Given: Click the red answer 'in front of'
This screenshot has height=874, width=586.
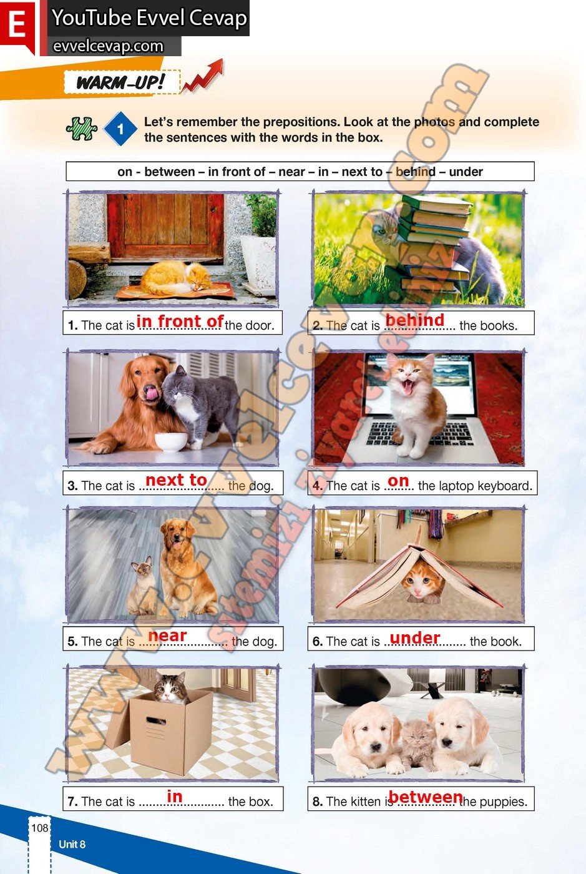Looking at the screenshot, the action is click(180, 322).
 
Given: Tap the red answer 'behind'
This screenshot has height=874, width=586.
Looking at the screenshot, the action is click(415, 320).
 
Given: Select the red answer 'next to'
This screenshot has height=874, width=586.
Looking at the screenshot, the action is click(176, 480).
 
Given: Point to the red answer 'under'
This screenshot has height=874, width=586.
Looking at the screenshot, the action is click(415, 638).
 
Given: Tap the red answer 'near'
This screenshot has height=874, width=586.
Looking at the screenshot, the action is click(167, 636).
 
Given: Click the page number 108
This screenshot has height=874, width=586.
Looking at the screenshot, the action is click(40, 828).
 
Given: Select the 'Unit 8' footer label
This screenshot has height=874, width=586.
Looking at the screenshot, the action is click(72, 844).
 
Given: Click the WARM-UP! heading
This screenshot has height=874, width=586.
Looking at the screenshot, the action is click(121, 82).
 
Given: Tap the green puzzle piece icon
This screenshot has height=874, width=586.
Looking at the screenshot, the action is click(82, 129).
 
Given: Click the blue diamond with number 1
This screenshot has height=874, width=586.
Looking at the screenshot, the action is click(120, 129).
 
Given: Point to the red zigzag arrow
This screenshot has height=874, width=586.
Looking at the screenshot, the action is click(203, 76).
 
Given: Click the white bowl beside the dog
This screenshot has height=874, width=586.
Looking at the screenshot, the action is click(171, 442).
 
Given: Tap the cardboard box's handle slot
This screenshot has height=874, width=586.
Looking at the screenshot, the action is click(156, 720).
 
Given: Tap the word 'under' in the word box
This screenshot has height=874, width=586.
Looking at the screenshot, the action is click(466, 172).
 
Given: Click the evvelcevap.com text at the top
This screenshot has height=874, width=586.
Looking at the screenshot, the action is click(108, 46).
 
